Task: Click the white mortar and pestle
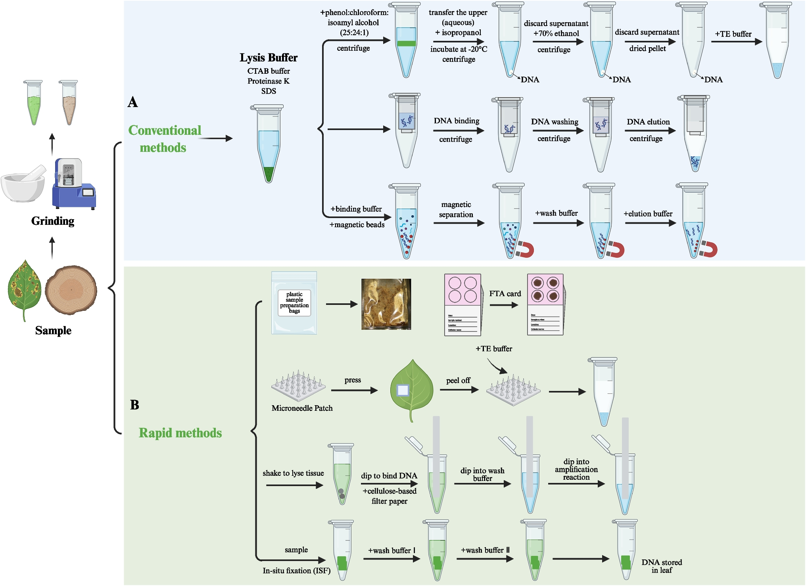pos(24,184)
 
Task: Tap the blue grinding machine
pos(73,184)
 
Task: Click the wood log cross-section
pos(71,289)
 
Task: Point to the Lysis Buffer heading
pos(269,58)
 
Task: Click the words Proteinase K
pos(269,81)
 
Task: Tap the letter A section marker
pos(133,102)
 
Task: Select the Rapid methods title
pos(180,433)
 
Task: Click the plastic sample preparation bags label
pos(294,303)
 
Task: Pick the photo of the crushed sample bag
pos(386,304)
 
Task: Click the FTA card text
pos(505,294)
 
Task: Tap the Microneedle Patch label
pos(302,408)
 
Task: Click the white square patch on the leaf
pos(403,391)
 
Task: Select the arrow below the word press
pos(354,391)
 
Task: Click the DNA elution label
pos(648,122)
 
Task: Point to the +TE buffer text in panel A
pos(733,34)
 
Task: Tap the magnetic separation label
pos(456,209)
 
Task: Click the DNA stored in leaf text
pos(662,566)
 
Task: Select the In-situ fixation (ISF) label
pos(296,571)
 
